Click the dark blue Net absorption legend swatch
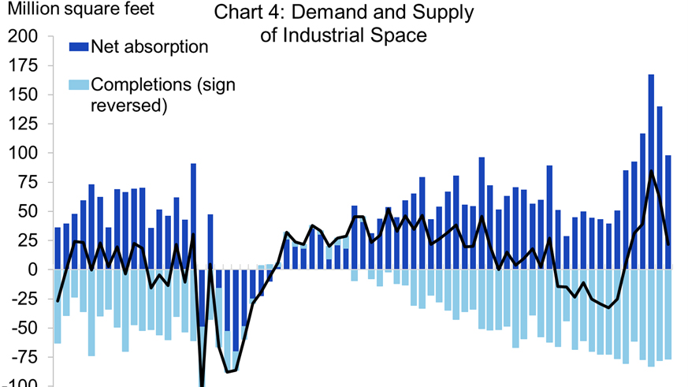click(79, 47)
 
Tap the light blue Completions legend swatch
click(79, 84)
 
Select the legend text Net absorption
click(150, 47)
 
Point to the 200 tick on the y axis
click(23, 36)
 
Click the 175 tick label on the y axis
click(23, 65)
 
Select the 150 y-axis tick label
click(23, 95)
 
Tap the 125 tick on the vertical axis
click(23, 124)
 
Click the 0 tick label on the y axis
click(32, 270)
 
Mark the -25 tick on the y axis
click(24, 299)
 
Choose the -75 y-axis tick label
click(24, 357)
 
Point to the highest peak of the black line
click(651, 171)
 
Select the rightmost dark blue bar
click(668, 212)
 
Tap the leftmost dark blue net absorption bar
click(58, 248)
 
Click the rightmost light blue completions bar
click(668, 314)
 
